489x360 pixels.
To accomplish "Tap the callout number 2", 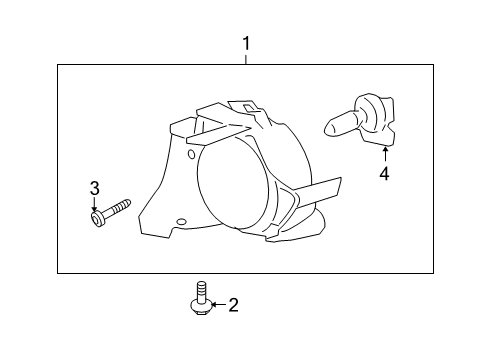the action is [x=233, y=306].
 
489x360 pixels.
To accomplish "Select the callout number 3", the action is [x=95, y=187].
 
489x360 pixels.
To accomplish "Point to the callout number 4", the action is [x=383, y=174].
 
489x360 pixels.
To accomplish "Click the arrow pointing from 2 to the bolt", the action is [x=215, y=306].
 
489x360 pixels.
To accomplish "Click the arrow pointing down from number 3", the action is [x=95, y=202].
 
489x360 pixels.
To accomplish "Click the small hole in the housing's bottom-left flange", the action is [x=181, y=221].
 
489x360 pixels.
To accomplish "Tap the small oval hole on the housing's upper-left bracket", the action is [x=192, y=155].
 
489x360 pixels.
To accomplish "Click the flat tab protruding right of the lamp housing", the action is [x=317, y=189].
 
